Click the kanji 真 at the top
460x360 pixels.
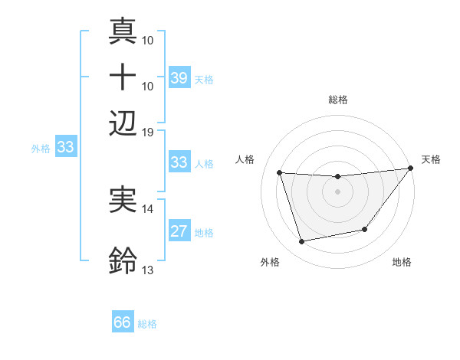click(123, 33)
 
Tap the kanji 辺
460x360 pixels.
click(123, 123)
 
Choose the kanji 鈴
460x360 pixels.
click(123, 261)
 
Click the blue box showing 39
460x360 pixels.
click(179, 78)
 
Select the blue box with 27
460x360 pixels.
click(179, 231)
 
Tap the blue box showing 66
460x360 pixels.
click(123, 322)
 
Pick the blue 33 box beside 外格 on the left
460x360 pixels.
click(65, 148)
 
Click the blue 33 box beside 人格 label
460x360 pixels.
click(179, 162)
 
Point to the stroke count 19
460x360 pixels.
click(148, 131)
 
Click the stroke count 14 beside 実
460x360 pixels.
click(148, 208)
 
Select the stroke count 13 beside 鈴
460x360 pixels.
click(148, 270)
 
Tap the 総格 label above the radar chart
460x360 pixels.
click(338, 100)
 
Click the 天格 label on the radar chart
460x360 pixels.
click(431, 159)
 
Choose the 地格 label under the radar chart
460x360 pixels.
click(402, 263)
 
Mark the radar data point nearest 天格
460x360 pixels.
click(410, 169)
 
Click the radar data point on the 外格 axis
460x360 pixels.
click(302, 242)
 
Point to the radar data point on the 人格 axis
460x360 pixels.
click(280, 173)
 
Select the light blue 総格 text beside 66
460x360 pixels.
click(147, 324)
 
